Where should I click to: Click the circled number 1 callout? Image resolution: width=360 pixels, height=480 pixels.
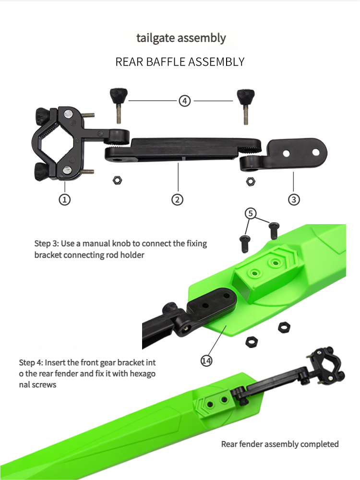tap(64, 200)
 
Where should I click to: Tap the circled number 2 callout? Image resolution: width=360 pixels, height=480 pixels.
tap(177, 200)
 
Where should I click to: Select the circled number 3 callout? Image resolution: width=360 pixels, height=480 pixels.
tap(294, 200)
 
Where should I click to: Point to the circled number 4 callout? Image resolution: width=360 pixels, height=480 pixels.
tap(185, 101)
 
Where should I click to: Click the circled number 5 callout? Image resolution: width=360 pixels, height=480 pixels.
tap(251, 213)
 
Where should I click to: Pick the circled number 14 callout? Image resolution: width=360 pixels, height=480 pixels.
tap(206, 360)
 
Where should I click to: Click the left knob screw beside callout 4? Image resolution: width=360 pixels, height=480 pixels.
tap(118, 105)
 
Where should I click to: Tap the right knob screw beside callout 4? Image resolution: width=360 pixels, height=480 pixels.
tap(245, 107)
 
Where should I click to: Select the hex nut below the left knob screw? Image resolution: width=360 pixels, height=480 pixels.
tap(117, 180)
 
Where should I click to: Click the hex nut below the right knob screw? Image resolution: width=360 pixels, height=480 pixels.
tap(251, 181)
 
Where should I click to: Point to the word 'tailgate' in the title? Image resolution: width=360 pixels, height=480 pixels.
tap(156, 38)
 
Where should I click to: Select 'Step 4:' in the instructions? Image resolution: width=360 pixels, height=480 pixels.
tap(31, 363)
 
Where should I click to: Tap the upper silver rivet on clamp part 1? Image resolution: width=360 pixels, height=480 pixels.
tap(68, 114)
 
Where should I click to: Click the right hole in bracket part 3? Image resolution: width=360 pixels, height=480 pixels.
tap(316, 152)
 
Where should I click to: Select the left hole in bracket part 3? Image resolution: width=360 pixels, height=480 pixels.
tap(286, 153)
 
